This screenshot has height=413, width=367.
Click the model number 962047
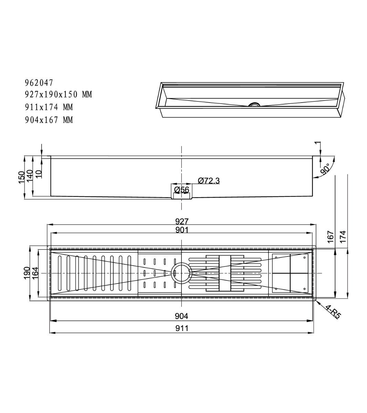39,83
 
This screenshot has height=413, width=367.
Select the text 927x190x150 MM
59,94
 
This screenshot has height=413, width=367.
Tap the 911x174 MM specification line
49,107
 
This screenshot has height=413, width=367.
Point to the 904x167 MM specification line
49,120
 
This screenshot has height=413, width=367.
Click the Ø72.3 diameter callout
209,181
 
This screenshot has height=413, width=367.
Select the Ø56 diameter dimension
182,190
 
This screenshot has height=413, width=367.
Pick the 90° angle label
325,169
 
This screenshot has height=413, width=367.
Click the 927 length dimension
182,221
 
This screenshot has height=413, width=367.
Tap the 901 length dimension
182,230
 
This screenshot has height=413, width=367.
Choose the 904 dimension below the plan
181,316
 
